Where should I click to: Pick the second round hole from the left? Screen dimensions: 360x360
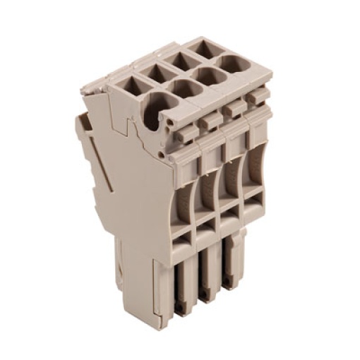point(184,90)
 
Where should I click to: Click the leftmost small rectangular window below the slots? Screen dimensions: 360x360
point(179,243)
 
